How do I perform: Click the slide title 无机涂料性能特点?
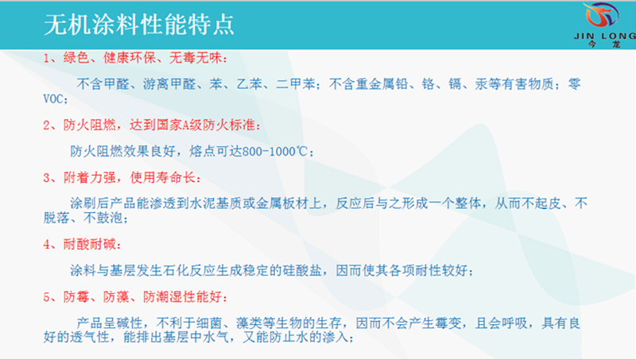coord(138,25)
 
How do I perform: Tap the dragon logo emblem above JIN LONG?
coord(603,16)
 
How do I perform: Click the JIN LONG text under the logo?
coord(605,36)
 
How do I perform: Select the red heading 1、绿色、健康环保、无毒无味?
coord(135,58)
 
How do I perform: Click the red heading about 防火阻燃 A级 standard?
coord(151,125)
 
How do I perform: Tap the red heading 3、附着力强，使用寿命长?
coord(122,177)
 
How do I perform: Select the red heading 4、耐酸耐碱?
coord(82,245)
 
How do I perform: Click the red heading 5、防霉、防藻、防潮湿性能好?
coord(135,297)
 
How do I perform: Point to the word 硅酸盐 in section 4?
coord(302,270)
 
